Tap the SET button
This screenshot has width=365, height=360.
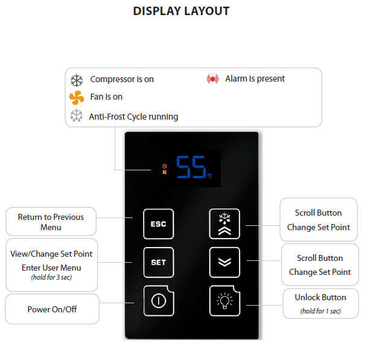click(159, 262)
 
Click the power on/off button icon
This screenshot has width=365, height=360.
click(159, 301)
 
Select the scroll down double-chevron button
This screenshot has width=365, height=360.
click(224, 262)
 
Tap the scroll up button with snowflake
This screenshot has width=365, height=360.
click(224, 224)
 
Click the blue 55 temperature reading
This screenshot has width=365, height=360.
click(191, 167)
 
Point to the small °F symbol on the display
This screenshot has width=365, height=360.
click(210, 175)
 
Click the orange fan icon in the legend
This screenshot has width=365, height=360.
click(77, 97)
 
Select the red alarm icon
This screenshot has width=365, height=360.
click(212, 79)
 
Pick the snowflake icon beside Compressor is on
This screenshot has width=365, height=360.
click(77, 80)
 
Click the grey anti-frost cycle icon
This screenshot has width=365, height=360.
click(77, 115)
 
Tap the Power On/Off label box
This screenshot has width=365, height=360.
click(52, 309)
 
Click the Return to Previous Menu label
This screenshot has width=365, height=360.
click(51, 222)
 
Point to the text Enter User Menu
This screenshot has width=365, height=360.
click(51, 268)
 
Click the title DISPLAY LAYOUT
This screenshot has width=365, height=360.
click(182, 11)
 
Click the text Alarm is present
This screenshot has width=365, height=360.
click(255, 79)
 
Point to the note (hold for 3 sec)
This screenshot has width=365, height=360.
click(51, 277)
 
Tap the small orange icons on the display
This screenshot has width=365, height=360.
click(165, 169)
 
